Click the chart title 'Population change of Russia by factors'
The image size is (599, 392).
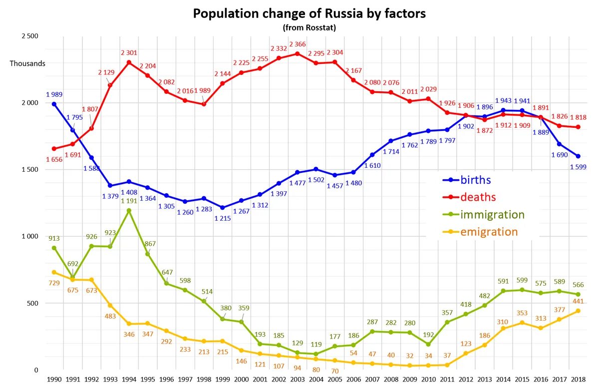[309, 13]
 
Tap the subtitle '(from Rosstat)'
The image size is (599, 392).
[309, 28]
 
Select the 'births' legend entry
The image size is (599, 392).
[475, 180]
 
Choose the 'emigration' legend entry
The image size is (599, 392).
[489, 232]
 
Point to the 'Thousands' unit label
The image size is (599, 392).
[27, 63]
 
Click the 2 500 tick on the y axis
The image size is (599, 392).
[29, 36]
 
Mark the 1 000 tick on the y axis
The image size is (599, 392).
[29, 236]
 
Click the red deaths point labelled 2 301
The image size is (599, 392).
[129, 62]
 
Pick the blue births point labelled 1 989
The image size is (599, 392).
[54, 104]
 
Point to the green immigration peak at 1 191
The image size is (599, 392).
[129, 211]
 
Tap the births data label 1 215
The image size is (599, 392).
[223, 218]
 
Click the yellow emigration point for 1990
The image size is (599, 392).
[54, 272]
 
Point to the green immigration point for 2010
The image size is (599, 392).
[428, 344]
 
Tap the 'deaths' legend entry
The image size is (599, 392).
[478, 197]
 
